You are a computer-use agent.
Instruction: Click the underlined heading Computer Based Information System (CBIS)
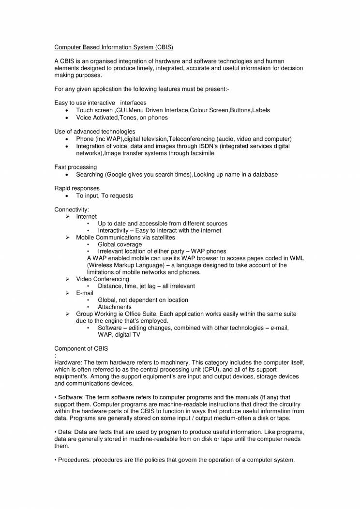pos(113,47)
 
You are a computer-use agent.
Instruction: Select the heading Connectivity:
pos(72,210)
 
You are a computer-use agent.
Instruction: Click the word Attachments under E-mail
pos(115,307)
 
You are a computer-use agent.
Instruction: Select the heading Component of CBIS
pos(81,348)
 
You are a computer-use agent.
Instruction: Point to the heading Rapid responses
pos(77,188)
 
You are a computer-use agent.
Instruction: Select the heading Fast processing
pos(75,167)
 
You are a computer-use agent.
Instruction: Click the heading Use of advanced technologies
pos(95,132)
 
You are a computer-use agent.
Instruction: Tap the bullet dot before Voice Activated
pos(66,118)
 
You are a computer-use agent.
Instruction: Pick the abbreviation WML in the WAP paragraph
pos(297,258)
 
